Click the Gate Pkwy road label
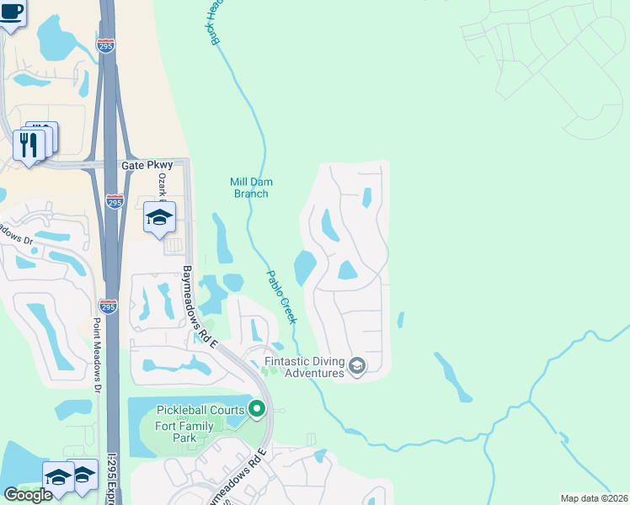[x=140, y=167]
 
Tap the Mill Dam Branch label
[x=251, y=188]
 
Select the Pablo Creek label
[x=282, y=296]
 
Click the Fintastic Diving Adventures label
[x=305, y=367]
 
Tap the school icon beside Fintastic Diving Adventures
[x=357, y=365]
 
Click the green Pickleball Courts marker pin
[x=257, y=410]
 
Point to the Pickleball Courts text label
[x=200, y=410]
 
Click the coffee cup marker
[x=10, y=13]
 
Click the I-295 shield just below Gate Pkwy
[x=115, y=201]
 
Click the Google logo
[x=28, y=495]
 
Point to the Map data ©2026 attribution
[x=593, y=498]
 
